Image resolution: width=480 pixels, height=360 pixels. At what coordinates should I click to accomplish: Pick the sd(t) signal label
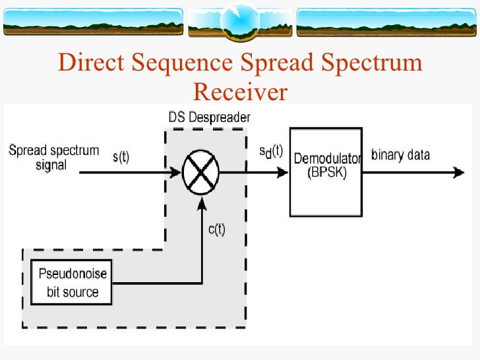click(x=270, y=151)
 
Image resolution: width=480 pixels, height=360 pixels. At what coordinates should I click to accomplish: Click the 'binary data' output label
click(x=401, y=155)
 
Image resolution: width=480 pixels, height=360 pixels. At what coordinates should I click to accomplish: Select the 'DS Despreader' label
click(x=209, y=118)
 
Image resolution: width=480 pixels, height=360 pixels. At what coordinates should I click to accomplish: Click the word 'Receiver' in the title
click(x=240, y=92)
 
